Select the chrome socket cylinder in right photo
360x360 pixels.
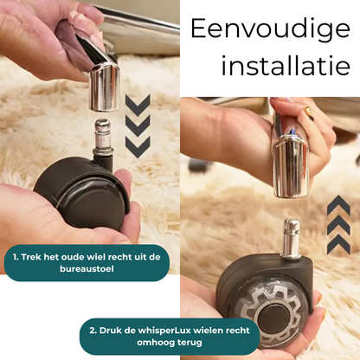(x=292, y=165)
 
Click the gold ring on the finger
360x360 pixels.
(x=309, y=112)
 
